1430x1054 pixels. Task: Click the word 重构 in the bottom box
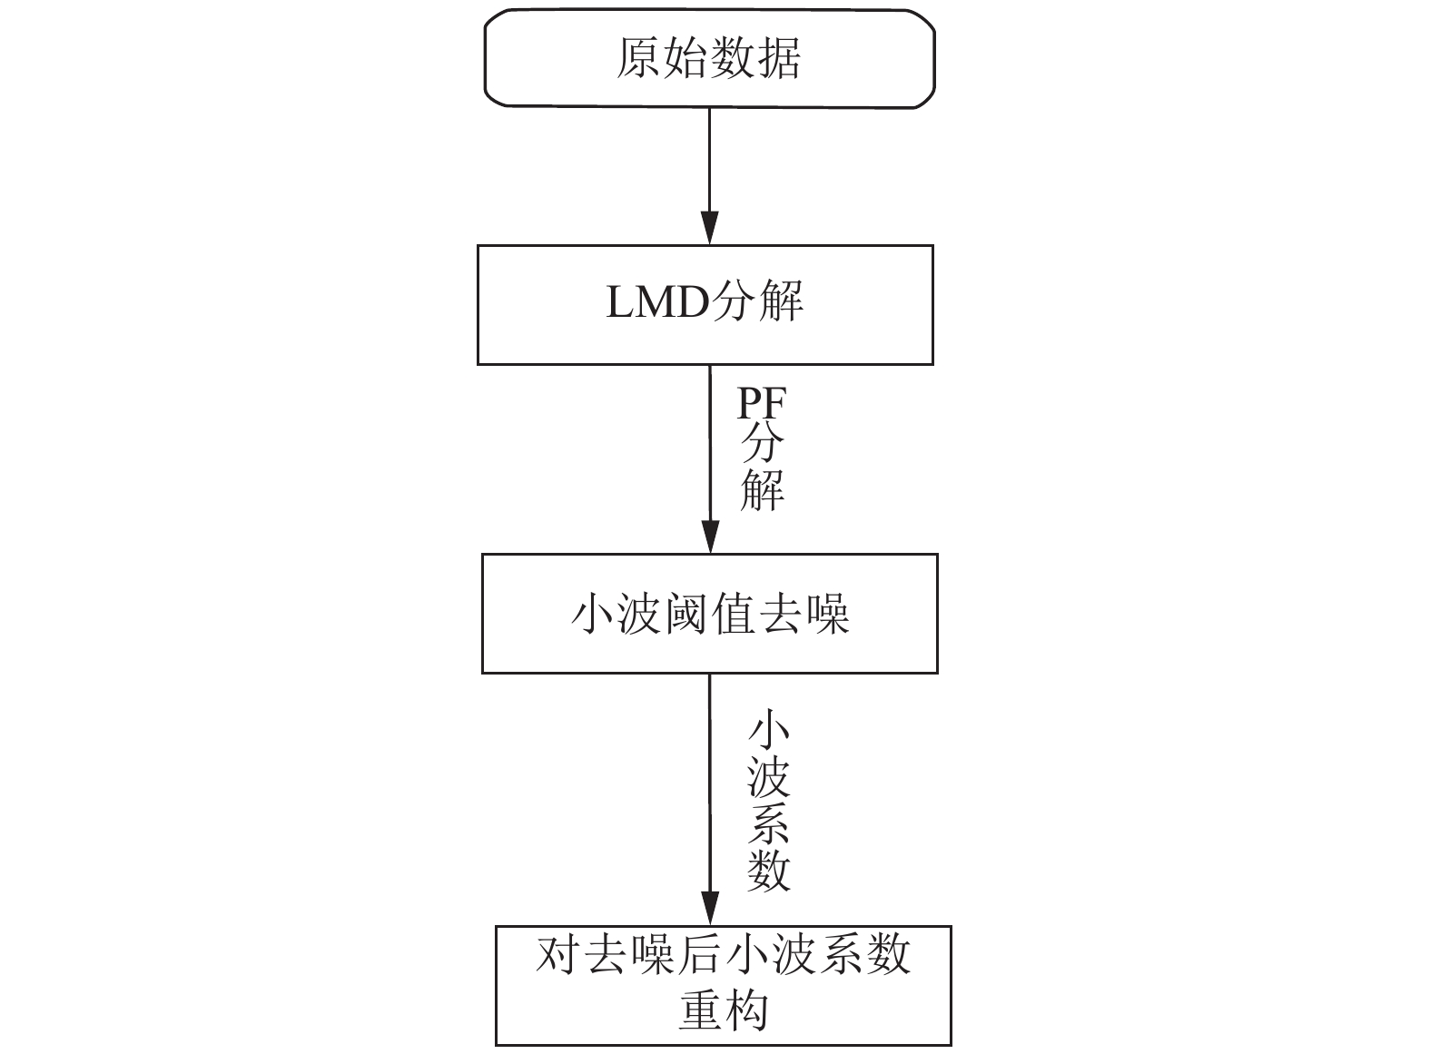724,1010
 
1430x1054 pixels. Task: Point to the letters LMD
657,302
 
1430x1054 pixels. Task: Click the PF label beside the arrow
761,403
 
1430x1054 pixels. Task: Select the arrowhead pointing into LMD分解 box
710,228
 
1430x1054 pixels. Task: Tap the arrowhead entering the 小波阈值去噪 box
711,537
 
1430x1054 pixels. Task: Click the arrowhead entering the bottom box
711,909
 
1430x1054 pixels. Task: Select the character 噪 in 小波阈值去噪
827,614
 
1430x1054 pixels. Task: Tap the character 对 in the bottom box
558,955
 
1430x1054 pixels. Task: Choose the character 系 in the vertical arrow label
769,823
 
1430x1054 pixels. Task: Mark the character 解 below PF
762,490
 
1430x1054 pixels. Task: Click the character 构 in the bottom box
746,1010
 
